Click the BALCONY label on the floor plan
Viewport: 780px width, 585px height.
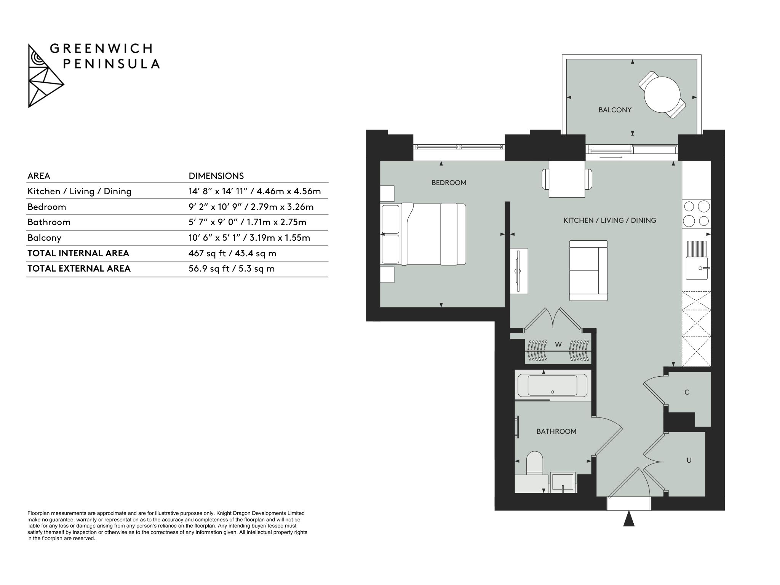coord(615,110)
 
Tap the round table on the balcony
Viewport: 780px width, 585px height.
coord(662,95)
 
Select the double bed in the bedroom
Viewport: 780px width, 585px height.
coord(424,234)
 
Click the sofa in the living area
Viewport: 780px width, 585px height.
coord(588,270)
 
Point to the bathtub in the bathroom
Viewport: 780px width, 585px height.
coord(552,385)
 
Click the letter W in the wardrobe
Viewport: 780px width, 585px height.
coord(558,345)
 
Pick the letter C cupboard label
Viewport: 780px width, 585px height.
coord(687,392)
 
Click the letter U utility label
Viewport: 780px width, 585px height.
coord(689,460)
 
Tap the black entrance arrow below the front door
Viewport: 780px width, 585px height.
coord(629,519)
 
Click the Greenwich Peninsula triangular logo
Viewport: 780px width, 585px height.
coord(46,76)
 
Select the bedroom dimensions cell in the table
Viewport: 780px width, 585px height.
coord(251,207)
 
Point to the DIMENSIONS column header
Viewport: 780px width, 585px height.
coord(216,176)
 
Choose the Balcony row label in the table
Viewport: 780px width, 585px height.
coord(44,238)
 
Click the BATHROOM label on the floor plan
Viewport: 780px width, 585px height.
coord(556,432)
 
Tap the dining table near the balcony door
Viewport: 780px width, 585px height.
coord(567,179)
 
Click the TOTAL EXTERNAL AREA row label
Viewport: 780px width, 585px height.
coord(79,269)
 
